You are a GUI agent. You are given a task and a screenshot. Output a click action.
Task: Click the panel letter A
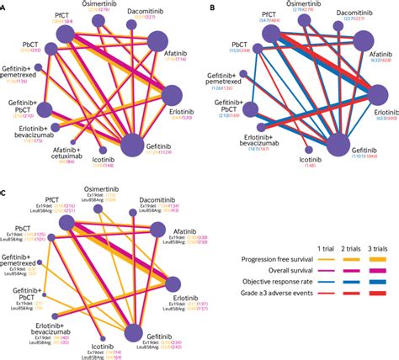pyautogui.click(x=4, y=4)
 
